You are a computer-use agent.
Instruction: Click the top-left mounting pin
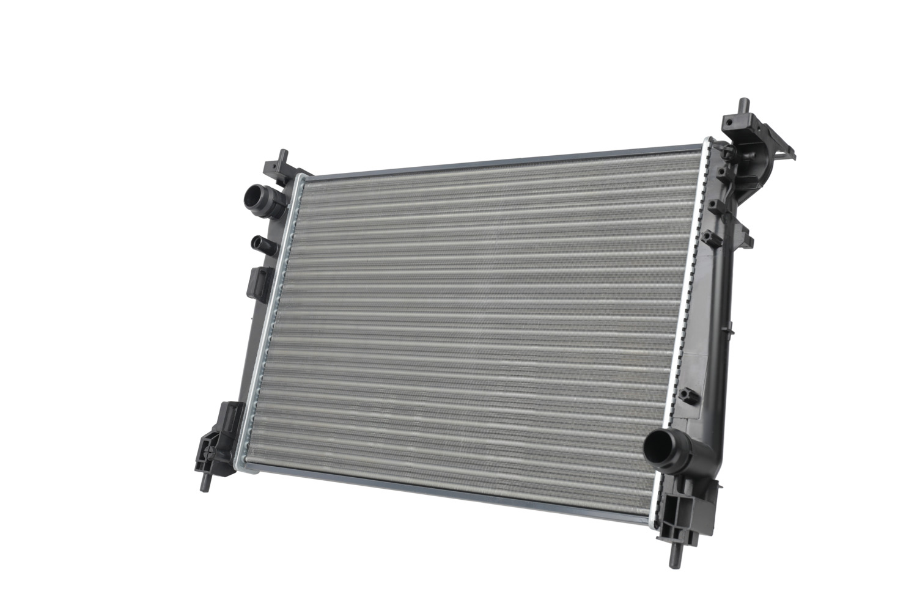[x=282, y=156]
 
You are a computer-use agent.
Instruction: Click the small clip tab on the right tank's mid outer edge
[x=728, y=330]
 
